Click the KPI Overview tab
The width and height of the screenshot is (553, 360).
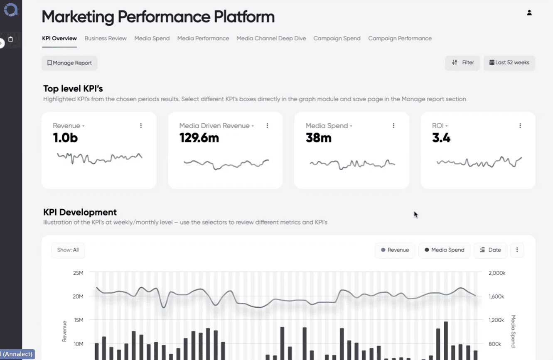point(59,39)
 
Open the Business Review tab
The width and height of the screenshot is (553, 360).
point(106,39)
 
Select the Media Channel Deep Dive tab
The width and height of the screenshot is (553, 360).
point(271,39)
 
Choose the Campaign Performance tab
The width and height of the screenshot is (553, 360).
point(400,39)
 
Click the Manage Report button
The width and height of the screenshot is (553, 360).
point(69,63)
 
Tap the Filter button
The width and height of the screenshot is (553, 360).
point(463,63)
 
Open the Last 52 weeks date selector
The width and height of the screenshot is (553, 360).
point(509,63)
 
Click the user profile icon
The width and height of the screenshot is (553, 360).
point(529,13)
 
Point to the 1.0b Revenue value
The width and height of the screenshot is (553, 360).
point(65,138)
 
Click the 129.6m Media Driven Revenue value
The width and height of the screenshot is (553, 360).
point(199,138)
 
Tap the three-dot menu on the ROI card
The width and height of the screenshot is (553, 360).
point(520,126)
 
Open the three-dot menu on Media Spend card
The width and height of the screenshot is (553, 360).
point(394,126)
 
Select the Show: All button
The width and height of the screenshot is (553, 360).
point(68,250)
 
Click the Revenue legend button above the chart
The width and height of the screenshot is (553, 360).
point(395,250)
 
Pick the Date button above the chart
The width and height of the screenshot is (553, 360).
point(490,250)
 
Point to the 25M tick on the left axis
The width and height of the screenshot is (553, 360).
point(78,273)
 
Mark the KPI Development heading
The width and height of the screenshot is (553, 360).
point(80,212)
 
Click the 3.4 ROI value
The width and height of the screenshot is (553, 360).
point(441,138)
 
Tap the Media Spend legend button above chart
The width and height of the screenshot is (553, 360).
point(444,250)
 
